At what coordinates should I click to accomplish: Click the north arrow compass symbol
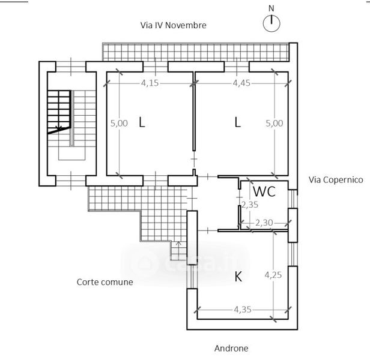point(272,23)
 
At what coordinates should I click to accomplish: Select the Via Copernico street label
point(336,179)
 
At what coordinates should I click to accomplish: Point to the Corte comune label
point(105,282)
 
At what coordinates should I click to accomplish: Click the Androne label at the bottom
point(231,348)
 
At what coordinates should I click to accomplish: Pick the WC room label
point(264,192)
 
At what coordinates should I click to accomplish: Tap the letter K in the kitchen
point(238,277)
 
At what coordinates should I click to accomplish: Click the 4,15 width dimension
point(150,83)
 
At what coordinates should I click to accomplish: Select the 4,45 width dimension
point(241,83)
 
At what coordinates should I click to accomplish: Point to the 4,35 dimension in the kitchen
point(243,310)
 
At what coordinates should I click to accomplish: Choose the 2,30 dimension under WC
point(264,223)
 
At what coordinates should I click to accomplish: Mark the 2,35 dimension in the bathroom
point(249,205)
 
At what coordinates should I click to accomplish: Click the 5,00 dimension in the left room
point(118,123)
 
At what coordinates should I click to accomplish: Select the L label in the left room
point(142,122)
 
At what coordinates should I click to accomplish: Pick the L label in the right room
point(238,122)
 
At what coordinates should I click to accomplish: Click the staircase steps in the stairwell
point(59,110)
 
